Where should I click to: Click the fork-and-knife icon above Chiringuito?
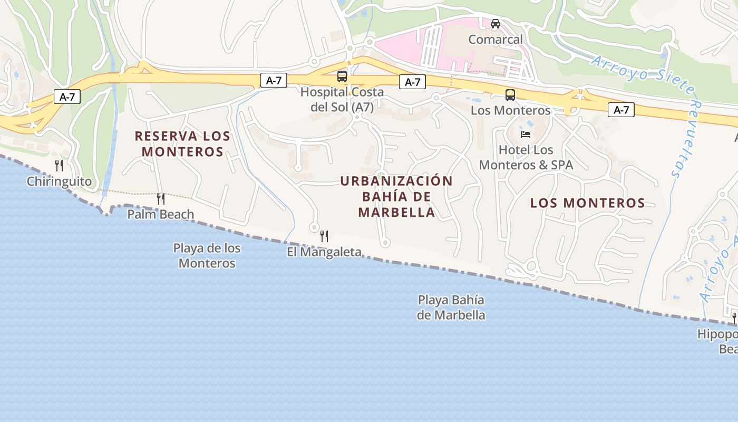(59, 166)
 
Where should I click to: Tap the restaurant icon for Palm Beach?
(161, 199)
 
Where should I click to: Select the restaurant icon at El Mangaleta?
(324, 236)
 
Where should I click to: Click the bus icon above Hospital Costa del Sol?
(342, 76)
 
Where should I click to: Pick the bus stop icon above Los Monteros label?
(510, 95)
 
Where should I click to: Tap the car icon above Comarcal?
(496, 24)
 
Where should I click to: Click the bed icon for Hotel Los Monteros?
(526, 135)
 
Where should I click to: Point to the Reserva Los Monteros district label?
(182, 143)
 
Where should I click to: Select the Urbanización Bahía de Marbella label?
(396, 197)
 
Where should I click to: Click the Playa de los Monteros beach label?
(207, 255)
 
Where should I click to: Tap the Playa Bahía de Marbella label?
(451, 308)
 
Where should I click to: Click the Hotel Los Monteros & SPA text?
(526, 157)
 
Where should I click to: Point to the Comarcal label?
(496, 40)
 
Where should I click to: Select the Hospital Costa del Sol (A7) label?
(342, 99)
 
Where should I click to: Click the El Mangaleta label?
(324, 252)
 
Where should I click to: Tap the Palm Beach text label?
(161, 214)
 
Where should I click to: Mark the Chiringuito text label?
(59, 181)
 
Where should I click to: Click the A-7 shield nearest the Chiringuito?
(67, 97)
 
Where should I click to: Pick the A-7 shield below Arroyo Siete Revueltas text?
(621, 110)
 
